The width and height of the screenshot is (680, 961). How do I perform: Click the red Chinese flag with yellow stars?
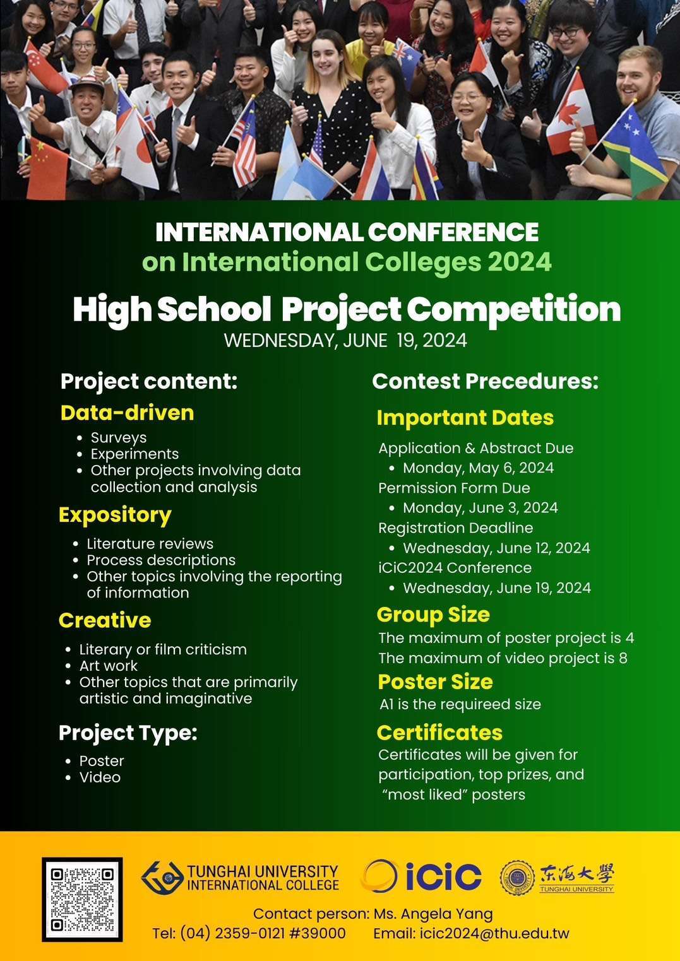tap(47, 168)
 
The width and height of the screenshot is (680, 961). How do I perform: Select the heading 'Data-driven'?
tap(127, 413)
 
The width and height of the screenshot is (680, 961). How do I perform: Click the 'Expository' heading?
tap(115, 516)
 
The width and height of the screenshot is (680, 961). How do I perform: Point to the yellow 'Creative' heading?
tap(105, 620)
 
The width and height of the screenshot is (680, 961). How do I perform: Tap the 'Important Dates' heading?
tap(465, 418)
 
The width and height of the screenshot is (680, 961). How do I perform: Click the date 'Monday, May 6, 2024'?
tap(478, 468)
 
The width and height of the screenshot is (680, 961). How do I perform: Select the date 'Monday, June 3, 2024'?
tap(480, 507)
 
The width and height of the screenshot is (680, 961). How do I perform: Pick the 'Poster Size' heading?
tap(435, 681)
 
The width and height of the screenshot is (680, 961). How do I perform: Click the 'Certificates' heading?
tap(439, 733)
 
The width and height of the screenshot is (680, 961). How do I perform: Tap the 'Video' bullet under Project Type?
tap(100, 777)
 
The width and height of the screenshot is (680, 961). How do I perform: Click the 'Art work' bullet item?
tap(109, 666)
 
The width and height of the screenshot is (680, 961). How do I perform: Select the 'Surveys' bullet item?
tap(119, 438)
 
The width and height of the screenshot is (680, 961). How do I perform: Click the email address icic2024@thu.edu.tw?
tap(494, 933)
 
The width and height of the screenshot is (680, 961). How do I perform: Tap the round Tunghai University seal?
tap(518, 877)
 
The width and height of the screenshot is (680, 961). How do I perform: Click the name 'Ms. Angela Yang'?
tap(433, 914)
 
